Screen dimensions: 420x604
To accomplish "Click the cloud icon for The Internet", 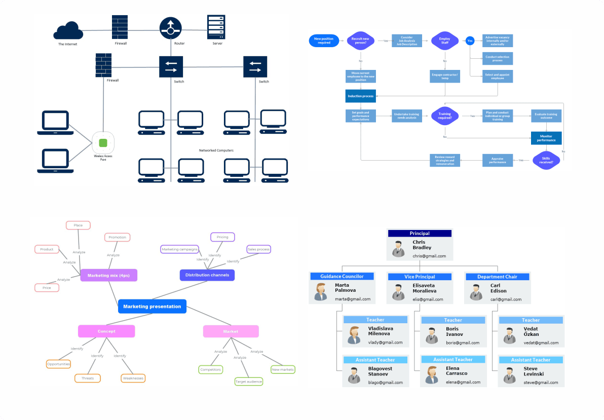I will tap(68, 31).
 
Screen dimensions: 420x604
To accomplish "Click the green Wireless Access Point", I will tap(103, 143).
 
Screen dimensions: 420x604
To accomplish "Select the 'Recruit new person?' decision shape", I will tap(360, 41).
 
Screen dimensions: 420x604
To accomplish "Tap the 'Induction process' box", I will tap(360, 96).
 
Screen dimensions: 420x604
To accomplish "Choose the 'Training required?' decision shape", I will tap(444, 116).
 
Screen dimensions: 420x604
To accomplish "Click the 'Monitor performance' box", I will tap(546, 138).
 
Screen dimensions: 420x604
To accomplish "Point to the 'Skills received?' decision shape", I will tap(546, 160).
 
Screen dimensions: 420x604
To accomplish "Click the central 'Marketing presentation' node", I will tap(152, 307).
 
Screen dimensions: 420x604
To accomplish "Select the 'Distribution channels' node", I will tap(207, 275).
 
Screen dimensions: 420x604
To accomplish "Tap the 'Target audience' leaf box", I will tap(248, 381).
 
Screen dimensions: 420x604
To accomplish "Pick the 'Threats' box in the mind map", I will tap(88, 378).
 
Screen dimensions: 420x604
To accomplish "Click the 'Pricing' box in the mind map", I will tap(222, 237).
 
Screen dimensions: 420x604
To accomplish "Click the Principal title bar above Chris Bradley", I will tap(419, 234).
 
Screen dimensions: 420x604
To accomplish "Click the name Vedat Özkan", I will tap(531, 331).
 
